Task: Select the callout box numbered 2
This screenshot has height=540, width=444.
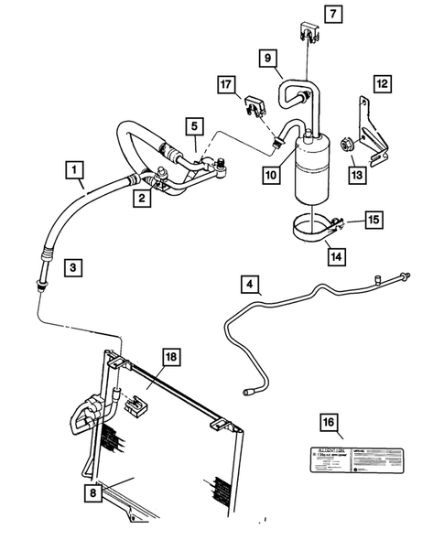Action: [x=140, y=198]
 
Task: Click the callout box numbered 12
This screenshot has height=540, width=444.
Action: [x=383, y=83]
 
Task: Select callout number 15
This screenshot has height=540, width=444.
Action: [x=373, y=220]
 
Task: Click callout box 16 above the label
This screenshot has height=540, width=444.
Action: [x=328, y=423]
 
